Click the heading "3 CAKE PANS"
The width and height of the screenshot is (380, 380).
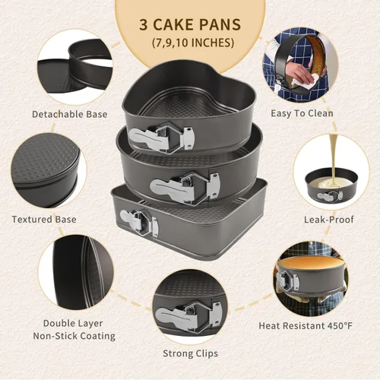tap(190, 24)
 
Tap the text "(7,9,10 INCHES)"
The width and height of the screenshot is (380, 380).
tap(193, 43)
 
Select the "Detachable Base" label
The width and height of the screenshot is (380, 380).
tap(70, 114)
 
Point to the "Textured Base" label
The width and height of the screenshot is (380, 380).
tap(44, 220)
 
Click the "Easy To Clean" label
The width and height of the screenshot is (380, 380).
tap(302, 113)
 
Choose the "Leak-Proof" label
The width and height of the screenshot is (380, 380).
tap(329, 220)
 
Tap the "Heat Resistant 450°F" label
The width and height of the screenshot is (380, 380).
tap(306, 326)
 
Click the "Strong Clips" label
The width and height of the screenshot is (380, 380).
tap(191, 353)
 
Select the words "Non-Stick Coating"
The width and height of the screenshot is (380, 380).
tap(74, 336)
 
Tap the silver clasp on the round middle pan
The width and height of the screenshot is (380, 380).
tap(185, 187)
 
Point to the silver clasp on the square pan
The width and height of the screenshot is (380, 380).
tap(139, 223)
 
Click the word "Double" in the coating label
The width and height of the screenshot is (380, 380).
tap(58, 324)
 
